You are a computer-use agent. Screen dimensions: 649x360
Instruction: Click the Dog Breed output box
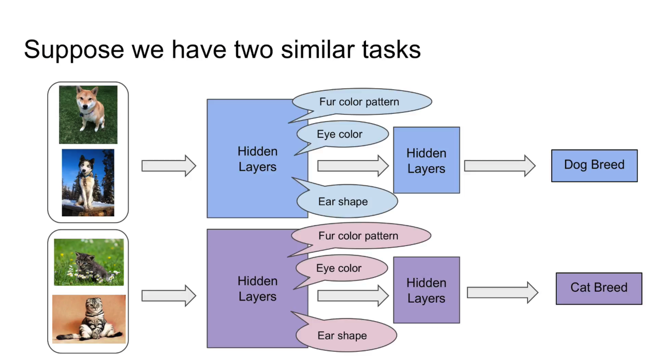[594, 166]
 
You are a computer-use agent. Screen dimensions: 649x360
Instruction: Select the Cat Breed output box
[599, 288]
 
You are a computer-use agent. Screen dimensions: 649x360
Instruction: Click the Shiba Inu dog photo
[88, 114]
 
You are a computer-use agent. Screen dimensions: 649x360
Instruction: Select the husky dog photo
[88, 183]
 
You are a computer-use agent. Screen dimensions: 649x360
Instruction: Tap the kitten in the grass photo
[89, 262]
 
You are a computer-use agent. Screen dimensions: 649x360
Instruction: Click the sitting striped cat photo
[89, 319]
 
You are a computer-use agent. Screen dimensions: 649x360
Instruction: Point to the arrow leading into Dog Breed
[500, 166]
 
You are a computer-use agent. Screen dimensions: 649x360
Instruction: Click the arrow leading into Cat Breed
[503, 292]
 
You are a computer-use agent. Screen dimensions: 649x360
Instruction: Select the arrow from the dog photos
[169, 166]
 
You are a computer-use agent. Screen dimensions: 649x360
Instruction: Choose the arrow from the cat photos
[169, 296]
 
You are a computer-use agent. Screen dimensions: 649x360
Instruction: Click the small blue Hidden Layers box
[427, 160]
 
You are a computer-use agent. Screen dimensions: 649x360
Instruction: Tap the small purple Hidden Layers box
[427, 290]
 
